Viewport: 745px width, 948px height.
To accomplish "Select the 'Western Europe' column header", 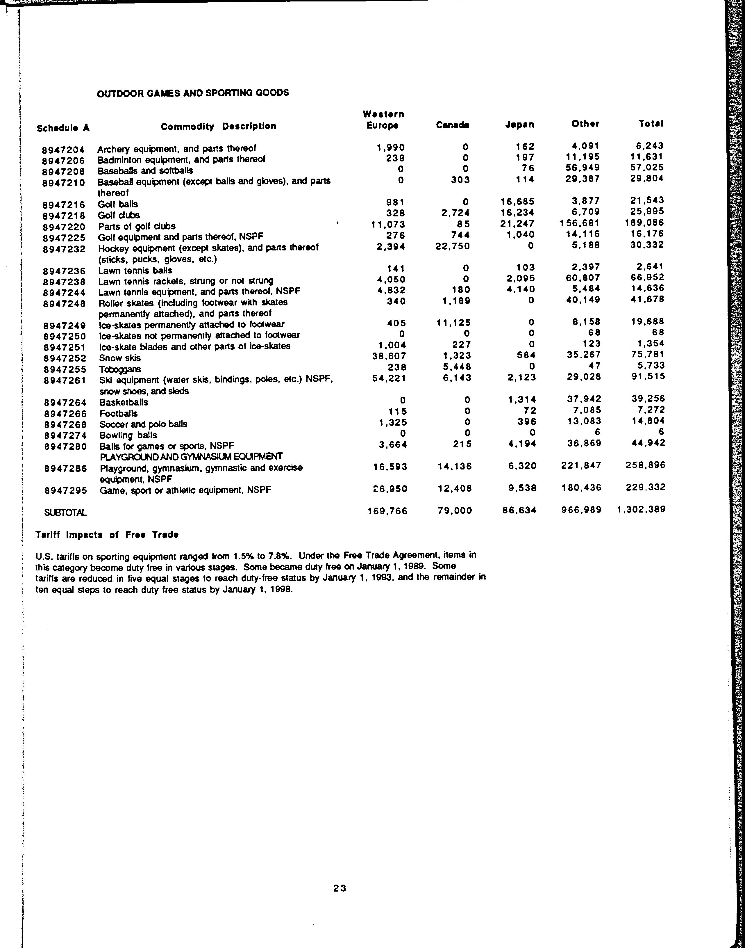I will click(x=383, y=120).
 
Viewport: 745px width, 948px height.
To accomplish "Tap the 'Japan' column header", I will click(x=519, y=125).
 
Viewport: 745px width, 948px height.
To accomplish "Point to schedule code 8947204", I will click(x=63, y=150).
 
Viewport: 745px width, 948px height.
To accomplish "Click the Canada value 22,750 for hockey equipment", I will click(x=453, y=246).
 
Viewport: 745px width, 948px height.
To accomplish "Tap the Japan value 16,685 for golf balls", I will click(x=517, y=201).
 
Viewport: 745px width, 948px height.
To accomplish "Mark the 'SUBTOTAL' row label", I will click(x=65, y=513).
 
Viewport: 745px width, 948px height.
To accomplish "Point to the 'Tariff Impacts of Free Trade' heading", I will click(x=107, y=535).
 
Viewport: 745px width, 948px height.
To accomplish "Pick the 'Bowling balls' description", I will click(x=128, y=435).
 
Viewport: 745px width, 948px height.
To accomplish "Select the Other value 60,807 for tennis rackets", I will click(x=582, y=278).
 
